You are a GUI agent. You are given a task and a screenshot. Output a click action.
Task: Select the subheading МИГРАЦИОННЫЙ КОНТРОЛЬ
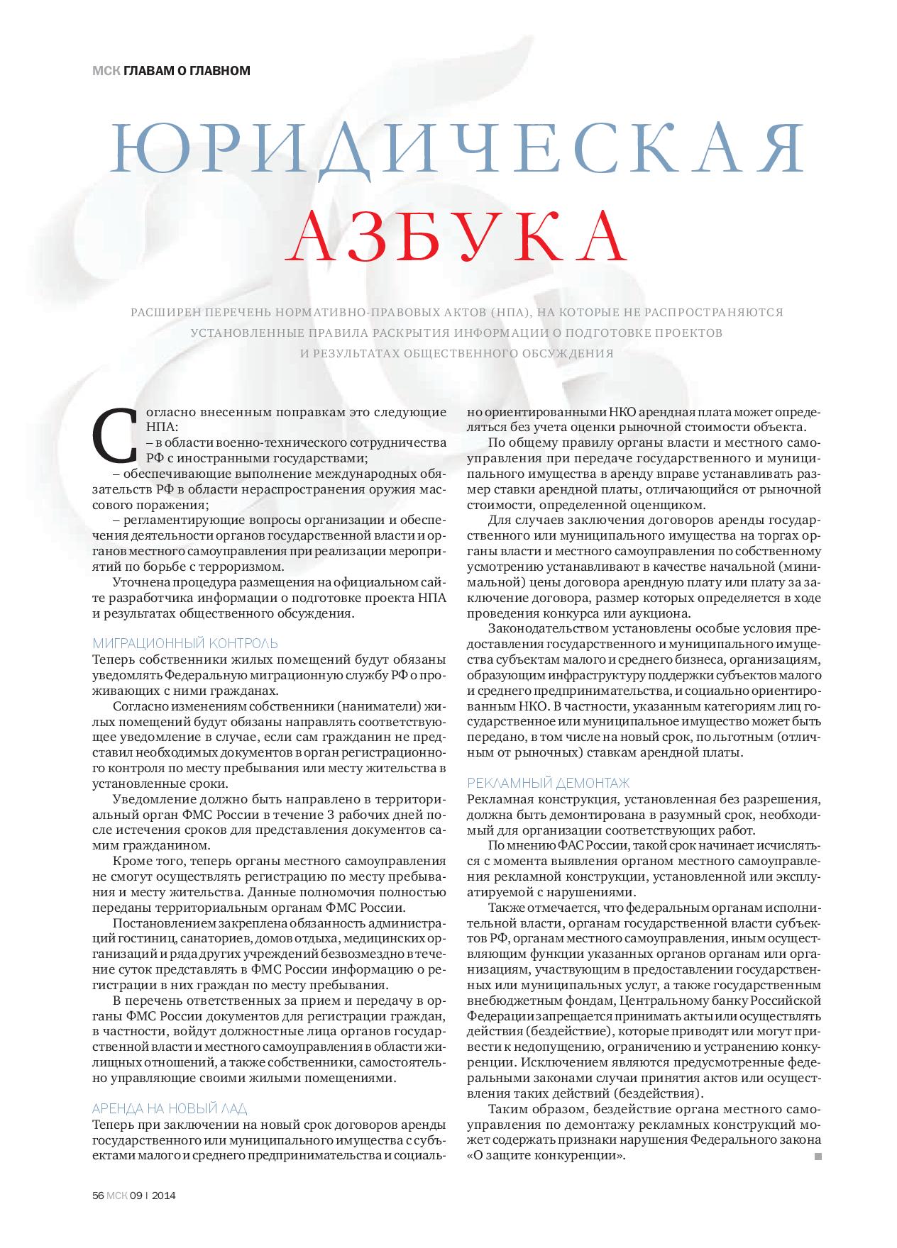tap(185, 643)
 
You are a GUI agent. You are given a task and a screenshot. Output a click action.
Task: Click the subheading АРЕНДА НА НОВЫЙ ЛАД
tap(170, 1108)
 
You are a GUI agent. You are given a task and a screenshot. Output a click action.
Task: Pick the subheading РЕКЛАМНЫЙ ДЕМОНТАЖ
tap(548, 783)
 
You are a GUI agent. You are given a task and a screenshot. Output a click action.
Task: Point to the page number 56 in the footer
tap(99, 1195)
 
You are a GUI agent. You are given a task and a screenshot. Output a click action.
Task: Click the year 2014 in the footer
tap(164, 1195)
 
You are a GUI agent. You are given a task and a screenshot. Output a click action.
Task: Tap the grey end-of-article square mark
tap(818, 1157)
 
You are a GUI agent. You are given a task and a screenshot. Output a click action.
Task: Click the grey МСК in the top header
tap(106, 70)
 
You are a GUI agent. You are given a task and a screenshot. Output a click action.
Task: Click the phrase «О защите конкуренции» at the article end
tap(546, 1155)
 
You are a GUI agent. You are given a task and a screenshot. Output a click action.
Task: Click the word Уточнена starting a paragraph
tap(141, 582)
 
